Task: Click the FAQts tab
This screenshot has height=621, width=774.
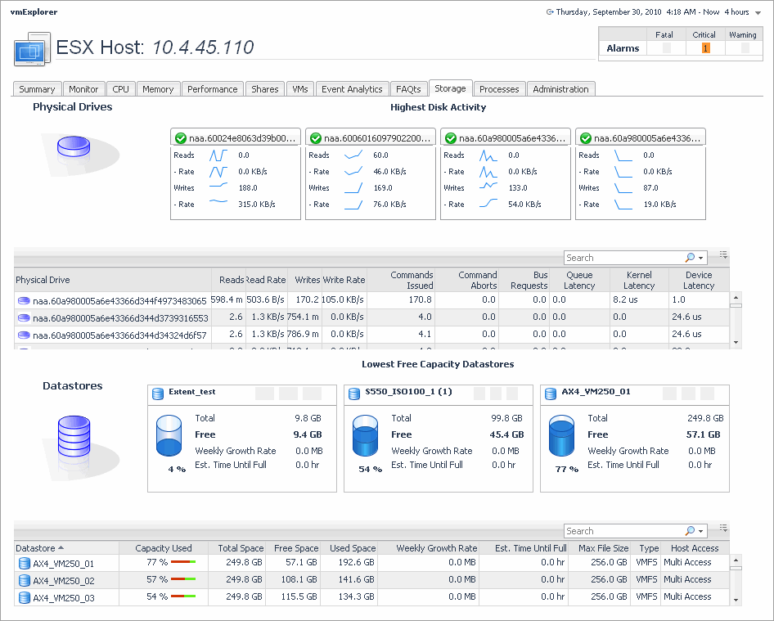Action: click(408, 89)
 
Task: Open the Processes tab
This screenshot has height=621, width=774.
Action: click(499, 89)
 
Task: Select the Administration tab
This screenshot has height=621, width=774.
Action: click(560, 89)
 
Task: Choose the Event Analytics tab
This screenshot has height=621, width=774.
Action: click(352, 89)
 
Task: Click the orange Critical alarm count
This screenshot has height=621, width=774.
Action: click(705, 48)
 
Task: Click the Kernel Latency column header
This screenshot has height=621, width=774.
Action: click(639, 280)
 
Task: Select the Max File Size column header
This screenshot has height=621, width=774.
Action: click(603, 548)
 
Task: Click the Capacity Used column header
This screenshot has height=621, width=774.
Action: click(164, 548)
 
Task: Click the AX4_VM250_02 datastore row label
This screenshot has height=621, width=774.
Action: click(63, 579)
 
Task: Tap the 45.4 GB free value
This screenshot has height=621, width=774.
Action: click(506, 434)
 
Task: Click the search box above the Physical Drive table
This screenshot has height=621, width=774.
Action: click(623, 258)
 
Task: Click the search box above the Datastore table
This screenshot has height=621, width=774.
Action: click(623, 531)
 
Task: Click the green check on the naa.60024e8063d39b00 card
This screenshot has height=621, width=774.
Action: click(179, 138)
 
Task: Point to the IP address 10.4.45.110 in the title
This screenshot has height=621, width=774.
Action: click(204, 47)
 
